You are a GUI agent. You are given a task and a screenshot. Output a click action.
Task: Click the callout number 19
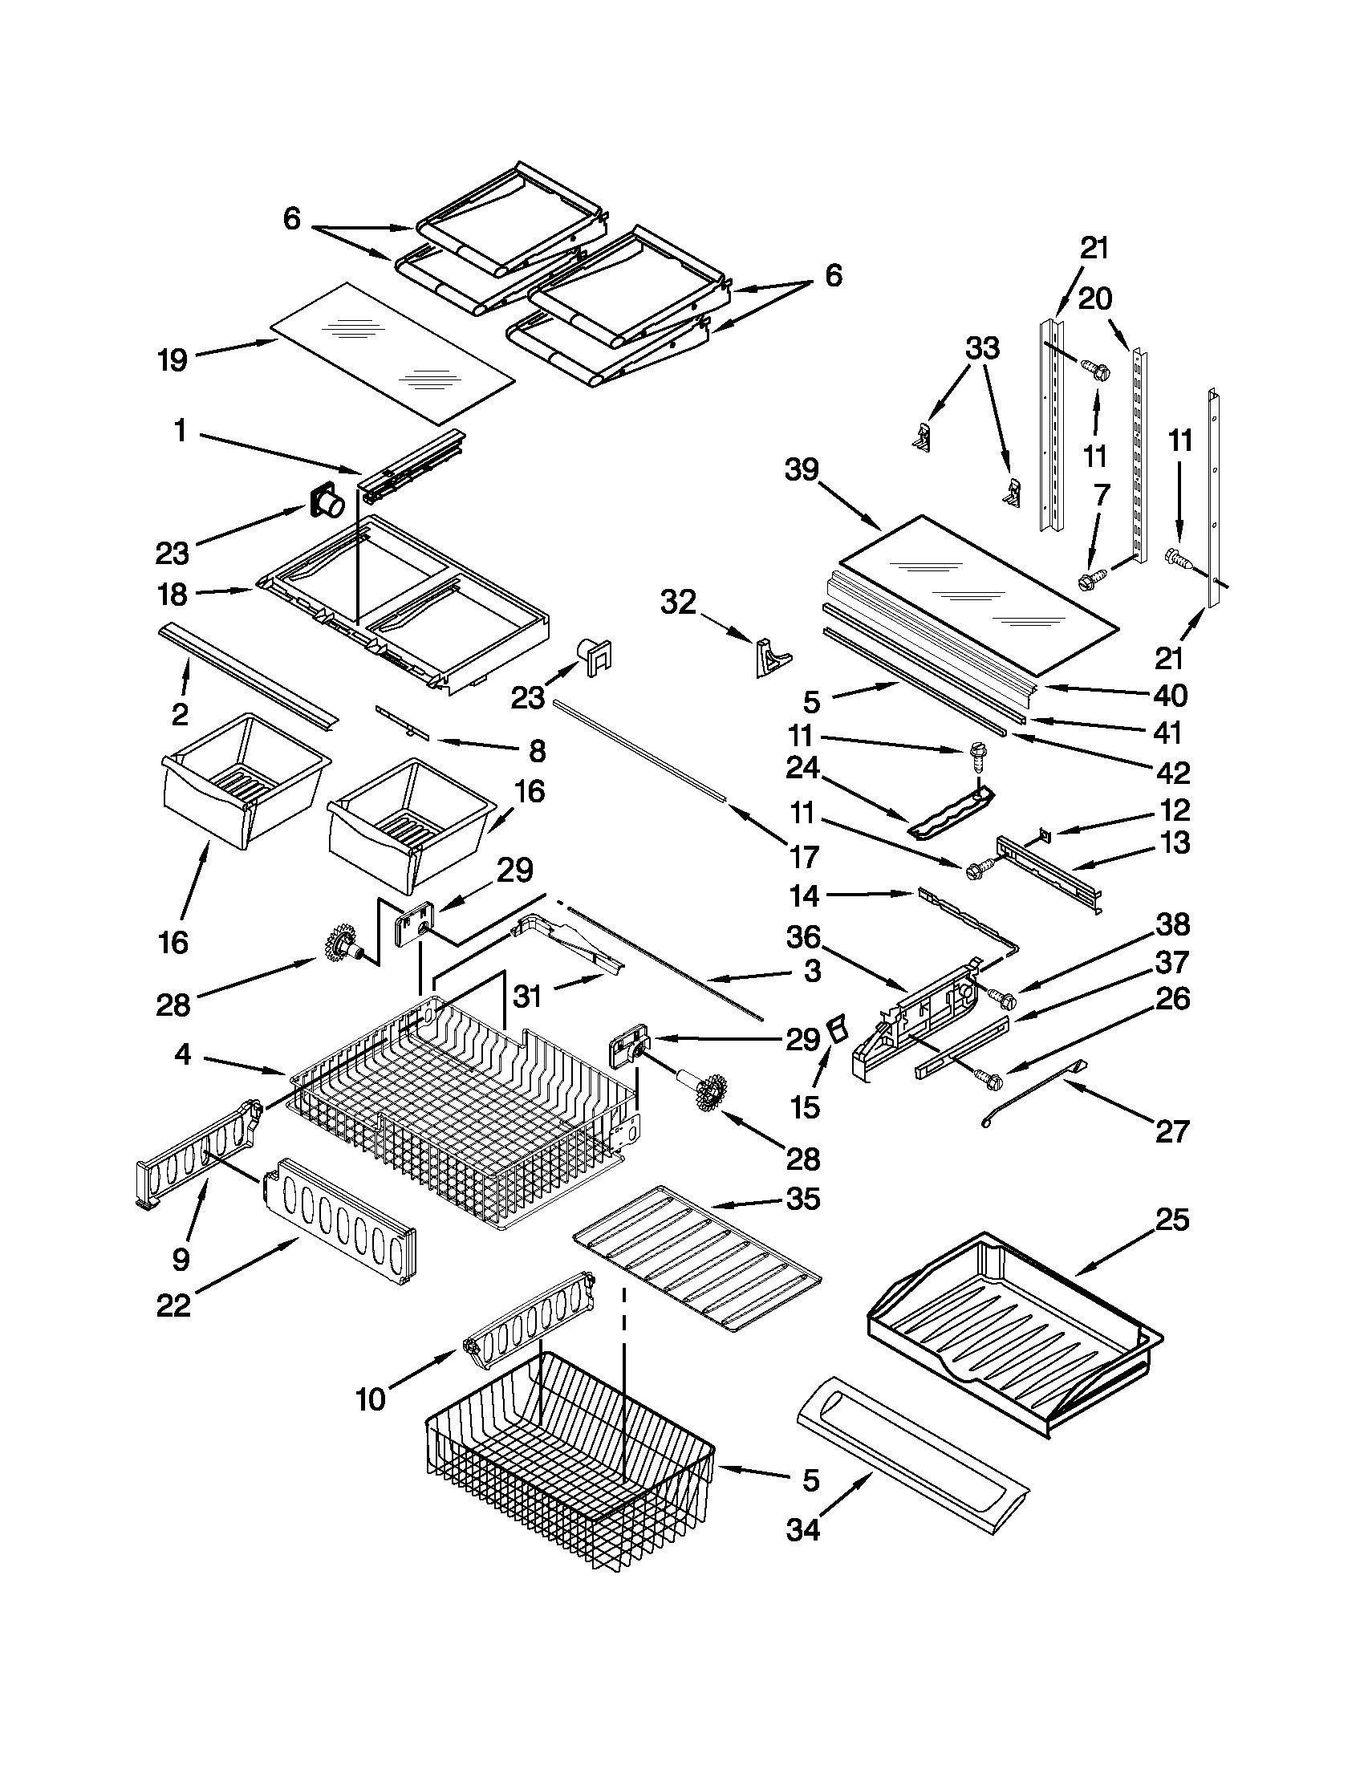tap(173, 360)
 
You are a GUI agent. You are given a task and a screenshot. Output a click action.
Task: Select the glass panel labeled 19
tap(392, 353)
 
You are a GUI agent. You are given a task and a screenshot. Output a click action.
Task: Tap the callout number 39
tap(802, 470)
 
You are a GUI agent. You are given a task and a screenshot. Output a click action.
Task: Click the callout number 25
tap(1172, 1220)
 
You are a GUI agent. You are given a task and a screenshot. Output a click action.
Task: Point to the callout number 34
tap(803, 1530)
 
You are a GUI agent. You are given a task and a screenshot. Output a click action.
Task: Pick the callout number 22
tap(173, 1306)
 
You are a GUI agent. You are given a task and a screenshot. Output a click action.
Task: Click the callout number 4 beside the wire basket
tap(183, 1054)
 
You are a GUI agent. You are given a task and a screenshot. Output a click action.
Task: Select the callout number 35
tap(804, 1199)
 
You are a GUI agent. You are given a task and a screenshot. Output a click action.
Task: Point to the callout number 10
tap(371, 1399)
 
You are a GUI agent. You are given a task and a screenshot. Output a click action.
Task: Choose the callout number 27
tap(1172, 1131)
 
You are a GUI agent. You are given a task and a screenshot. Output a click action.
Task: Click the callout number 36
tap(803, 938)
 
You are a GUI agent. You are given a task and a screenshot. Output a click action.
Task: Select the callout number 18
tap(173, 595)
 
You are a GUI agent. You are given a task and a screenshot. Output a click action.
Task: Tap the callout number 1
tap(181, 432)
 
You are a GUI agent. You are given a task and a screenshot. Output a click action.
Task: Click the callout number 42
tap(1172, 772)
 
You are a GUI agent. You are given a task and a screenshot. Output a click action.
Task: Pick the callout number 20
tap(1094, 299)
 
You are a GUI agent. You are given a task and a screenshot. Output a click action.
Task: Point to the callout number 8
tap(537, 752)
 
